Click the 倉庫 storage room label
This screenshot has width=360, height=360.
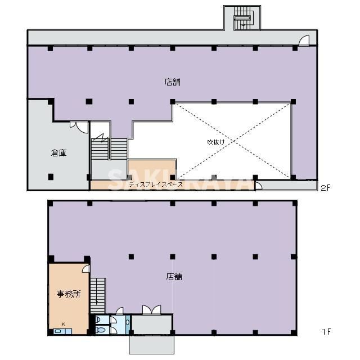click(58, 153)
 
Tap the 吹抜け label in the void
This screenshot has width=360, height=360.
click(216, 142)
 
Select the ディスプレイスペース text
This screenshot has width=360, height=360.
click(156, 184)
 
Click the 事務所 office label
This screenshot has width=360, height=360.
click(69, 294)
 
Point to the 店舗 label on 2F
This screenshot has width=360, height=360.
click(173, 82)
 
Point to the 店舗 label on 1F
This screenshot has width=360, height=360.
click(174, 276)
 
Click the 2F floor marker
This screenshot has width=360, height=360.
click(325, 188)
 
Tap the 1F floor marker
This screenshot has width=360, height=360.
click(326, 331)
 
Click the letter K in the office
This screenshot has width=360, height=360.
click(64, 324)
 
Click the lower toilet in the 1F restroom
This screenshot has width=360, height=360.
click(100, 330)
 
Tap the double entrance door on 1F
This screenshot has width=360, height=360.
click(151, 310)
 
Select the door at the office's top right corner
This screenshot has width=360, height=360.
click(86, 269)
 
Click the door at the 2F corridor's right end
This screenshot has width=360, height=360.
click(304, 40)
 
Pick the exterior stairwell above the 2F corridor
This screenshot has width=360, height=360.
click(243, 18)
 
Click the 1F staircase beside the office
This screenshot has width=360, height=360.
click(98, 295)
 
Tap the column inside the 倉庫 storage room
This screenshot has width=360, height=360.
click(51, 177)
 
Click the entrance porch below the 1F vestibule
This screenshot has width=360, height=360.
click(151, 345)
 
